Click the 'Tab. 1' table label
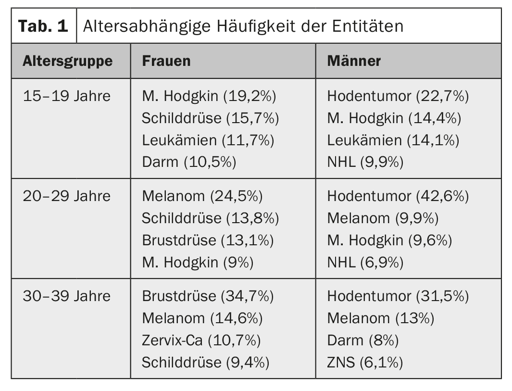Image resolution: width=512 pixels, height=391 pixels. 43,26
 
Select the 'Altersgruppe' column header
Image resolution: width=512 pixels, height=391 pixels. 67,61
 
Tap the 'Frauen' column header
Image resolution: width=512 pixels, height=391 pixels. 166,61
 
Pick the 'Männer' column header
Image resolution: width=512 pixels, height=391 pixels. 354,61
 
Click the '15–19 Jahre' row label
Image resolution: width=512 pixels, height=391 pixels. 66,96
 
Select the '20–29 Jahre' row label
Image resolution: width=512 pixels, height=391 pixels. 66,196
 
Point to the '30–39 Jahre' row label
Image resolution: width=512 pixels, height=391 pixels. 66,296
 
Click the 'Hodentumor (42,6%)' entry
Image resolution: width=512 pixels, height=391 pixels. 398,196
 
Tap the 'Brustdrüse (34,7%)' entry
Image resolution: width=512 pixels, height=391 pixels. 208,296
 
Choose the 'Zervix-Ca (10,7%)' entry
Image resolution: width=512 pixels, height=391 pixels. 201,341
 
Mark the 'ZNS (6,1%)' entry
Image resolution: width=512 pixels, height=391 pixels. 364,363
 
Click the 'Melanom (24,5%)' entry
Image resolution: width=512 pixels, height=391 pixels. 202,196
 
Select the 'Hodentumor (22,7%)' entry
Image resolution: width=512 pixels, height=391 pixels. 398,96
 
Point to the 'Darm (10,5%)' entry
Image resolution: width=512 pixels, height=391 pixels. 189,163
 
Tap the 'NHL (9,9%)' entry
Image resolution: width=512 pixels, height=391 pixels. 365,163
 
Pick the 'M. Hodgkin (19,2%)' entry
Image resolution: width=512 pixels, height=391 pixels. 209,96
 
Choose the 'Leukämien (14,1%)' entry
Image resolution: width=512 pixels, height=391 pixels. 393,140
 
